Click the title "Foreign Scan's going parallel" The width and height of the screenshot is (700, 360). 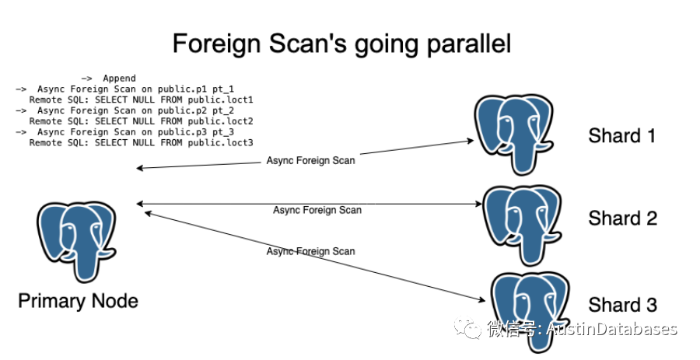pos(341,44)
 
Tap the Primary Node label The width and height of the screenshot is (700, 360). pos(78,301)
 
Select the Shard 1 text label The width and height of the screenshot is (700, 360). pos(622,135)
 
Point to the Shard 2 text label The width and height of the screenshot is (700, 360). pos(622,218)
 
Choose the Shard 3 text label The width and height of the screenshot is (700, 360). pos(622,304)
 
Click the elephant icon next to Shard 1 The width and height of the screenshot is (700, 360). pos(515,134)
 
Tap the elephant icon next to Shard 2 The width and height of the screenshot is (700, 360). pos(522,222)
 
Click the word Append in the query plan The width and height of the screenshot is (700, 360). pos(119,79)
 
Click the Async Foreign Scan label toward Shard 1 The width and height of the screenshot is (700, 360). pos(310,161)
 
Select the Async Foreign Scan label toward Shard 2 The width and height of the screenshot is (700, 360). pos(317,210)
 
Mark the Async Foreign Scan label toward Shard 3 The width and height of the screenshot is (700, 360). pos(310,251)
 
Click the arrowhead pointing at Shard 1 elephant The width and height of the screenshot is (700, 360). pos(471,141)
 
